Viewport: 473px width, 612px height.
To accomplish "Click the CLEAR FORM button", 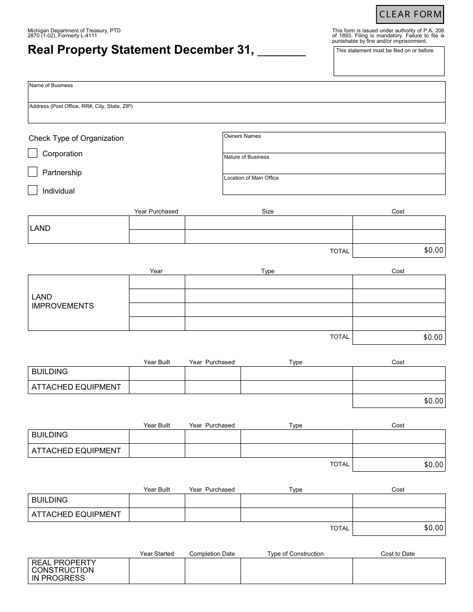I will tap(410, 14).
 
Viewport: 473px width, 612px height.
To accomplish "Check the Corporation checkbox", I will tap(33, 153).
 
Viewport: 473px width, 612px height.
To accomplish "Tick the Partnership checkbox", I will tap(33, 172).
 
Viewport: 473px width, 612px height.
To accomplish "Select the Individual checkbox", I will tap(33, 191).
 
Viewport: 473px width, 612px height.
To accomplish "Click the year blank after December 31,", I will tap(282, 51).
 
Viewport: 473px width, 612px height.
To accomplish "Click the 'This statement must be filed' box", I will tap(389, 62).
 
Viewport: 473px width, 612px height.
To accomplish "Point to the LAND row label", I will tap(40, 228).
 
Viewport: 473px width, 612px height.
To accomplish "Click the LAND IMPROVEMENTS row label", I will tap(63, 302).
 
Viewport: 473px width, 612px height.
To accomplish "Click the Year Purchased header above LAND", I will tap(156, 211).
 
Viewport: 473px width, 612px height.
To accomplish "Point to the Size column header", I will tap(268, 211).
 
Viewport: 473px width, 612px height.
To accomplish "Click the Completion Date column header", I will tap(212, 554).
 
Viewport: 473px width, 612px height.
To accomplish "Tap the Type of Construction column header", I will tap(295, 554).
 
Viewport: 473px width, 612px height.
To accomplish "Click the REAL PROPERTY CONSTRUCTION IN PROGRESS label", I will tap(63, 570).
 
